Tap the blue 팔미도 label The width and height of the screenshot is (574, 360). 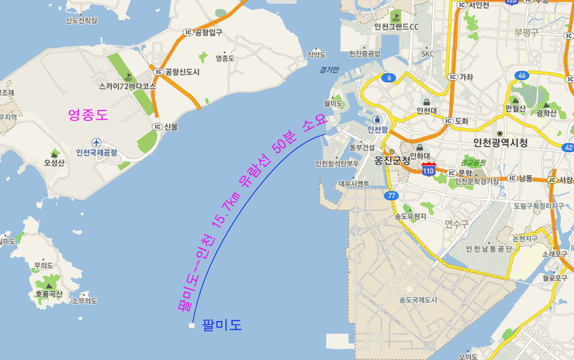click(x=221, y=325)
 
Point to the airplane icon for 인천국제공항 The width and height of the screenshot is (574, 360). click(x=96, y=143)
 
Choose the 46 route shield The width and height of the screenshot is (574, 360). click(x=523, y=75)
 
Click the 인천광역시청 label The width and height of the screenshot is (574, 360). click(x=500, y=143)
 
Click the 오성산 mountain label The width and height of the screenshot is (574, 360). click(x=54, y=163)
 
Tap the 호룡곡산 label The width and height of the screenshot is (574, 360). click(x=48, y=294)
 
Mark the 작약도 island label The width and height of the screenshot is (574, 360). click(x=316, y=54)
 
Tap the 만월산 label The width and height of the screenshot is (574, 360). click(x=515, y=108)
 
